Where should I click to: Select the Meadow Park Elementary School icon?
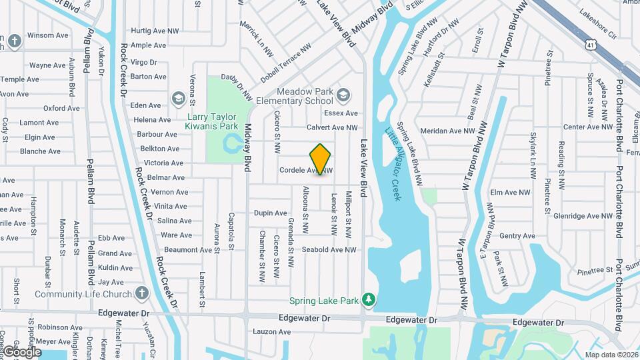point(343,96)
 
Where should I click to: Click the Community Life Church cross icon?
point(141,293)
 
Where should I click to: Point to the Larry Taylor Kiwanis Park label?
point(211,121)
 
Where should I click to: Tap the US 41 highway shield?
point(591,45)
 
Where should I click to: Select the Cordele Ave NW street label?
point(305,171)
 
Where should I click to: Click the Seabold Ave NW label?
point(329,250)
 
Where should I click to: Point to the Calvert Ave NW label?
point(331,127)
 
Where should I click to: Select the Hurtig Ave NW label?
point(155,31)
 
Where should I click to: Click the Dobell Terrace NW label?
point(285,69)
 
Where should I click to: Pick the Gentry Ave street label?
point(517,235)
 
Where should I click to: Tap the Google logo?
point(21,351)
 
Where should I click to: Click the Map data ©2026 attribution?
point(611,355)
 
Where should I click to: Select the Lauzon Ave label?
point(272,331)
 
